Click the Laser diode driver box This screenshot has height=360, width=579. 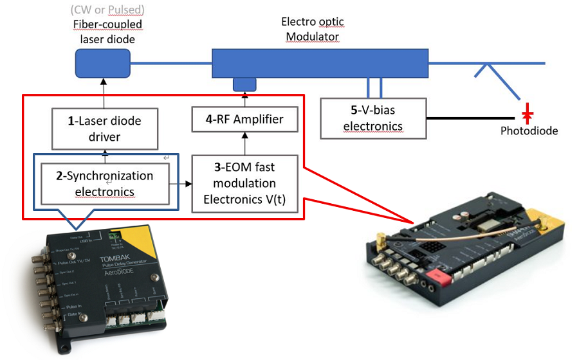point(106,128)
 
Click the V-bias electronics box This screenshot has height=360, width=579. point(374,118)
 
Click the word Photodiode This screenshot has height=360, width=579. point(529,131)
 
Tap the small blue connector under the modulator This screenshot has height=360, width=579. point(244,84)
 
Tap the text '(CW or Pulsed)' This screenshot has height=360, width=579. point(107,10)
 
